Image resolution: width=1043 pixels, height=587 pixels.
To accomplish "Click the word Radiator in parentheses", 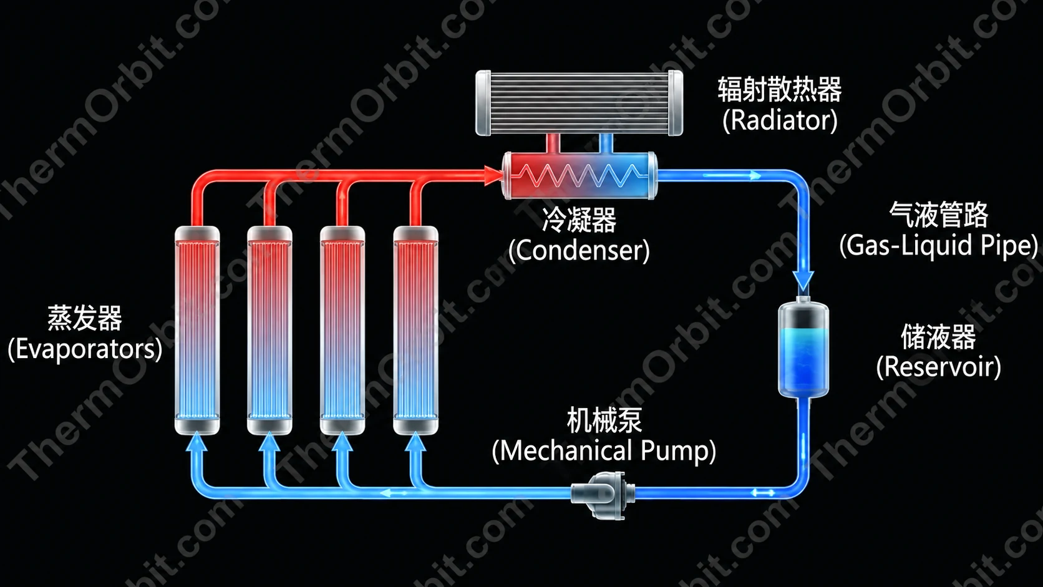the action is click(x=780, y=120).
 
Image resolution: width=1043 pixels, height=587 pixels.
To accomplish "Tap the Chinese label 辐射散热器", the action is click(x=780, y=89).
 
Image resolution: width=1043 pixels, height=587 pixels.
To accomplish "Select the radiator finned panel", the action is click(x=580, y=103).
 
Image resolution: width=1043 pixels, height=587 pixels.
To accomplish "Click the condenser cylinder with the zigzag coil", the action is click(x=580, y=175).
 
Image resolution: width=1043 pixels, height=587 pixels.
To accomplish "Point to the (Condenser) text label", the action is click(x=579, y=250).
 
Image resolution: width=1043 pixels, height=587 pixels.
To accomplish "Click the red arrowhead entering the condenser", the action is click(x=493, y=175).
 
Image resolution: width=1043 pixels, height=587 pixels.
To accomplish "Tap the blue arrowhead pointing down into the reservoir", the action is click(x=803, y=280).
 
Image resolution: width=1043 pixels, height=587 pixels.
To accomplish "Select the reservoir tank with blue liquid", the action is click(x=803, y=349).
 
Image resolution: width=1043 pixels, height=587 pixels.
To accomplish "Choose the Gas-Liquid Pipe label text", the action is click(x=938, y=245).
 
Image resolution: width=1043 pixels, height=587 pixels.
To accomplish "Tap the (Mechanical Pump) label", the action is click(x=604, y=450).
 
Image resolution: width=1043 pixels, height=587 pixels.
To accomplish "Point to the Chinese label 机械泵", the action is click(x=604, y=420).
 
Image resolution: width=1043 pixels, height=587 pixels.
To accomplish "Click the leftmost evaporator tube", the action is click(x=197, y=330).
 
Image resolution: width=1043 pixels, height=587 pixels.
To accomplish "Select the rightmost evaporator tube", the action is click(x=415, y=330).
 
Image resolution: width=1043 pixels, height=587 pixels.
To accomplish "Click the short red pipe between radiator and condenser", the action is click(x=553, y=143).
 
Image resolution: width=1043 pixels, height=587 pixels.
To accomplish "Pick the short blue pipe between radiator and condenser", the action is click(x=606, y=143).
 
